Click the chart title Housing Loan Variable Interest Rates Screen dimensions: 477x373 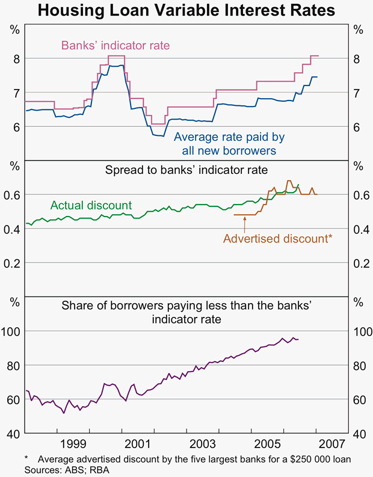pos(186,10)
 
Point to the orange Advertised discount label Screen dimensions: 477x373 pos(277,239)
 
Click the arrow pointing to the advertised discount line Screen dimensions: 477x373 pos(245,224)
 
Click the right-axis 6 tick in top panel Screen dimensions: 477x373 pos(357,127)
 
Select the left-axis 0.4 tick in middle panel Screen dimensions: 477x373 pos(13,229)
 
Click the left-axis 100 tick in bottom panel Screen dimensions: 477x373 pos(13,331)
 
